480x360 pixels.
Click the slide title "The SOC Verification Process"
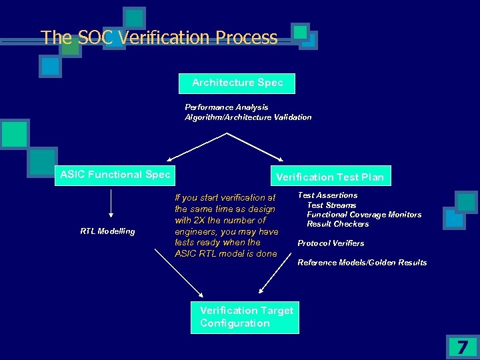(x=159, y=37)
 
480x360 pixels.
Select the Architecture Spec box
(x=237, y=83)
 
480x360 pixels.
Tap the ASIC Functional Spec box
(x=115, y=175)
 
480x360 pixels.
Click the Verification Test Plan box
(x=330, y=177)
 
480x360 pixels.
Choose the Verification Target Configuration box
(x=246, y=317)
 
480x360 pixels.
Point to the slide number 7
(x=461, y=347)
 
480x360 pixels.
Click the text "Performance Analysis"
(x=227, y=107)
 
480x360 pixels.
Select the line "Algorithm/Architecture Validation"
(x=248, y=117)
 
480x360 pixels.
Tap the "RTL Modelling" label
(x=108, y=231)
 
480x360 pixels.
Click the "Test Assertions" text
(x=327, y=195)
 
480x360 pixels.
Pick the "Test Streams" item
(x=331, y=205)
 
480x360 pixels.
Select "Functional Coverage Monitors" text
(x=364, y=215)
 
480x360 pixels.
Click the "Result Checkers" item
(x=338, y=224)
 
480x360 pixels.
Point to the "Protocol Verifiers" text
(x=331, y=243)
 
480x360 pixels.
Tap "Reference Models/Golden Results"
(x=362, y=263)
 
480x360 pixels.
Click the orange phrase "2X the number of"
(x=220, y=220)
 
